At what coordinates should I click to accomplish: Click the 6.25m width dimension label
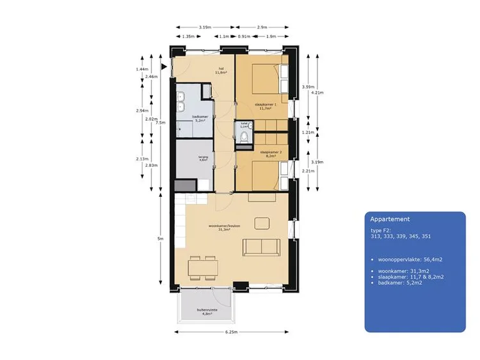232,333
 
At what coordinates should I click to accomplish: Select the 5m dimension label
161,239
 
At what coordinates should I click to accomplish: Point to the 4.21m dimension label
316,92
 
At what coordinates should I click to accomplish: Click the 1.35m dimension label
188,36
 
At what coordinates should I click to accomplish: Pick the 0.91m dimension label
244,36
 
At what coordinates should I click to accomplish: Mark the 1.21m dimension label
307,132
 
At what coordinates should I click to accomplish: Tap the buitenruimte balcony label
206,312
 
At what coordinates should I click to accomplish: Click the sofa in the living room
260,246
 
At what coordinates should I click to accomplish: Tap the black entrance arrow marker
164,66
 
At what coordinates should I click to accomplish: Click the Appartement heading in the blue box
390,219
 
